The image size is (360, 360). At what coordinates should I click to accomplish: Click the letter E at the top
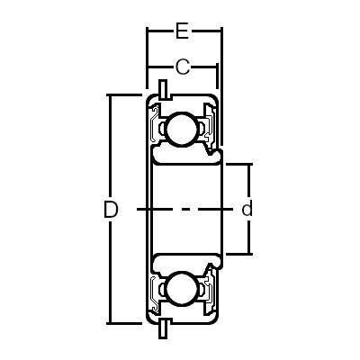[182, 33]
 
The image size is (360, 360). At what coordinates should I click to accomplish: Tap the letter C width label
[182, 67]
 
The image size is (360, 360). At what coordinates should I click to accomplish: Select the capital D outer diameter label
[111, 210]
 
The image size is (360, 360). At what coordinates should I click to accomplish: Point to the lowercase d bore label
[247, 210]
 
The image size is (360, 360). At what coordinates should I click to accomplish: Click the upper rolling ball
[179, 129]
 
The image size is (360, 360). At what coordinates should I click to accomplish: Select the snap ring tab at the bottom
[163, 328]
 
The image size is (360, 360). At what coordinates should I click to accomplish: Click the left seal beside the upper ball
[155, 129]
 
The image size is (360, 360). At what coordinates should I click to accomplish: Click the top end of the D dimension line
[111, 94]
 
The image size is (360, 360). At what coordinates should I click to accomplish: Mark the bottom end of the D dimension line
[111, 321]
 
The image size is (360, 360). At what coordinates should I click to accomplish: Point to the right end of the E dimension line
[222, 33]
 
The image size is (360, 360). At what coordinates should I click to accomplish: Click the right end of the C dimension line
[217, 67]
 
